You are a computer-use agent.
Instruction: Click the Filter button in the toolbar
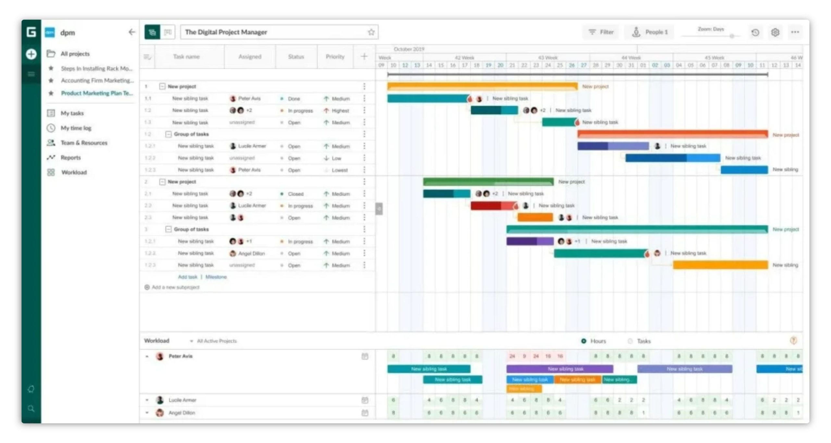click(x=602, y=32)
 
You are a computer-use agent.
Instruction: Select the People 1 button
click(x=650, y=32)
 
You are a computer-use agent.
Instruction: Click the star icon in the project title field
click(x=371, y=32)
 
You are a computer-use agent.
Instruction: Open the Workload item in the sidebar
click(x=74, y=172)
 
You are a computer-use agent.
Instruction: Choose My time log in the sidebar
click(x=76, y=128)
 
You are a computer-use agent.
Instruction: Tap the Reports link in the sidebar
click(x=70, y=157)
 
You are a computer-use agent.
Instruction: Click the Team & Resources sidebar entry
click(x=84, y=143)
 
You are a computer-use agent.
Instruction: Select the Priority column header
click(x=335, y=57)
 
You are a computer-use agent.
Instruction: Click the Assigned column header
click(x=250, y=57)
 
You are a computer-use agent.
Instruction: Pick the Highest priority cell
click(x=340, y=111)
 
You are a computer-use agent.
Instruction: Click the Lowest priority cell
click(x=339, y=170)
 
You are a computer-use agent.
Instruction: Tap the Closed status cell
click(x=295, y=194)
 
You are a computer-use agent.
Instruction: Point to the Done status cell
click(x=294, y=99)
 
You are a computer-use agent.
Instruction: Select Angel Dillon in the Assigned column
click(x=251, y=253)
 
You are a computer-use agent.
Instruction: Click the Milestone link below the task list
click(x=216, y=277)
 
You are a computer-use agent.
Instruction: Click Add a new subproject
click(x=175, y=287)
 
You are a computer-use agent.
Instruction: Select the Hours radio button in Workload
click(x=584, y=341)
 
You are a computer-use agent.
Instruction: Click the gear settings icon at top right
click(x=775, y=32)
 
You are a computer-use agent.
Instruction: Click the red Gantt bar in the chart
click(x=493, y=206)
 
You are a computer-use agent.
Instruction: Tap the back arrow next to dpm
click(x=131, y=32)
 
